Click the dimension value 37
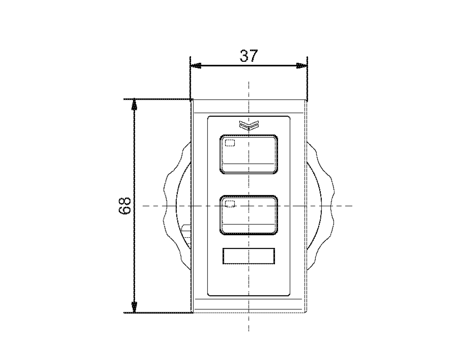249,56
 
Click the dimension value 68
124,206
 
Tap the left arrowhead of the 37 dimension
196,66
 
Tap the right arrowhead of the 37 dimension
302,66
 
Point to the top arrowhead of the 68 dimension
134,104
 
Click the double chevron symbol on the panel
249,125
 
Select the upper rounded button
249,154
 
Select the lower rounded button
249,215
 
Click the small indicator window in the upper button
230,143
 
